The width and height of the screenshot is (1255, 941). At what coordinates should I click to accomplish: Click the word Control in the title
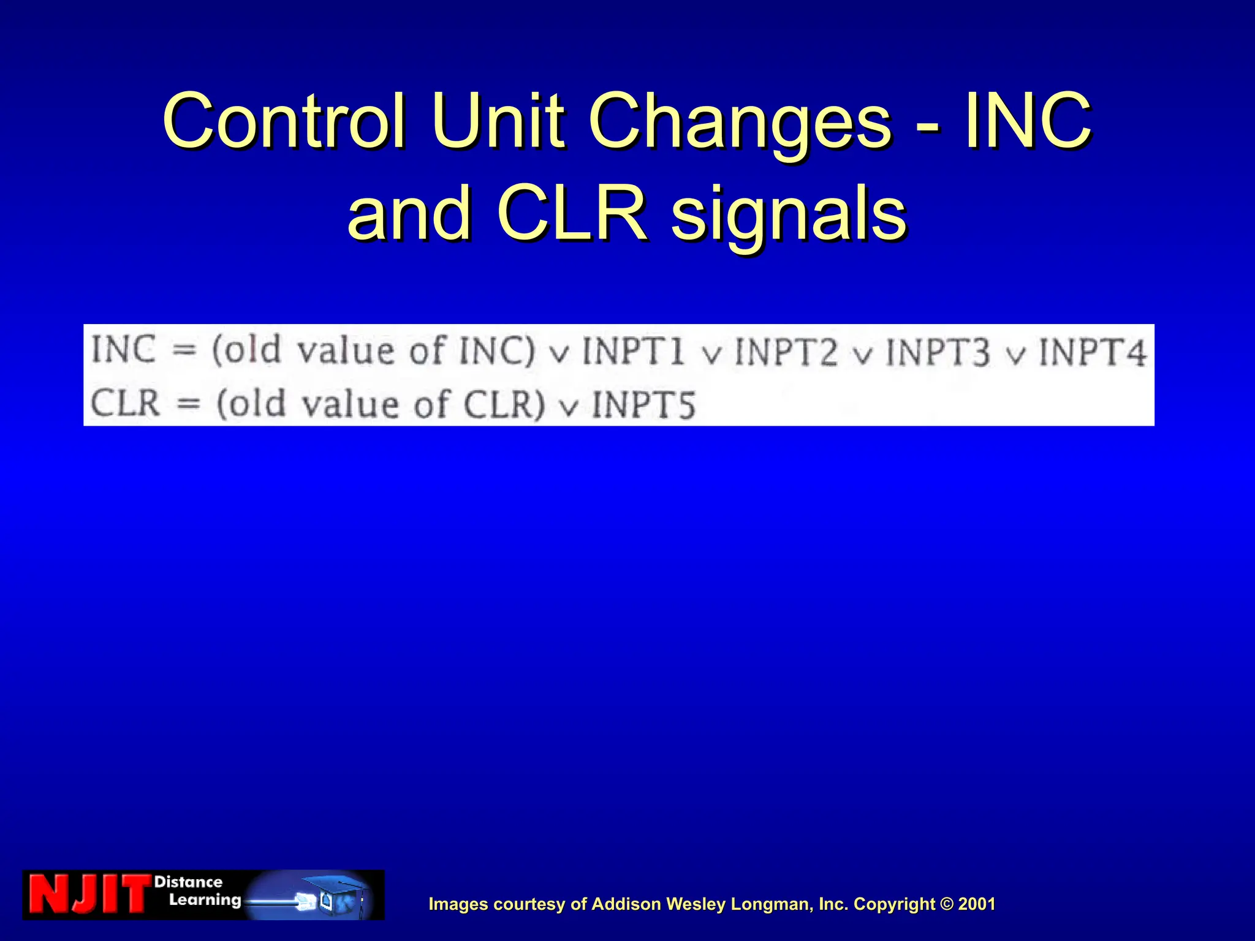click(284, 121)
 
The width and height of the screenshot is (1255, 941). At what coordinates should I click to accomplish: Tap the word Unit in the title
click(497, 121)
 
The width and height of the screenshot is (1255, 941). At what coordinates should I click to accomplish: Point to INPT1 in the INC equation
click(632, 352)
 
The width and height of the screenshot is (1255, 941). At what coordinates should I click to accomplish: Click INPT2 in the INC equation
click(786, 352)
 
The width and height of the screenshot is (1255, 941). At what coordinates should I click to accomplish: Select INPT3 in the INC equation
click(938, 352)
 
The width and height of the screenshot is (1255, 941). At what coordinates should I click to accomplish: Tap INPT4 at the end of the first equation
click(1091, 352)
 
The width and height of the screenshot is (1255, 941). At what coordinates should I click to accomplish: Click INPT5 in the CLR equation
click(643, 405)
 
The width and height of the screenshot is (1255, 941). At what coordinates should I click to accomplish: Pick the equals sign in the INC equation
click(183, 351)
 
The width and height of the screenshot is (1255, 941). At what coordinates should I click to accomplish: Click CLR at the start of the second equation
click(125, 404)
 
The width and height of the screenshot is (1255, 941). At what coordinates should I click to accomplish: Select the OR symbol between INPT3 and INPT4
click(1015, 355)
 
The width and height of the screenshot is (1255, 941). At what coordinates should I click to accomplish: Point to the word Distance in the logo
click(188, 882)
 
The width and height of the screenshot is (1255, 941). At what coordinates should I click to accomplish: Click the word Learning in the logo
click(205, 900)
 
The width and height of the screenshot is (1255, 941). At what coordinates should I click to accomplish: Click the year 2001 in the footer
click(977, 904)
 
